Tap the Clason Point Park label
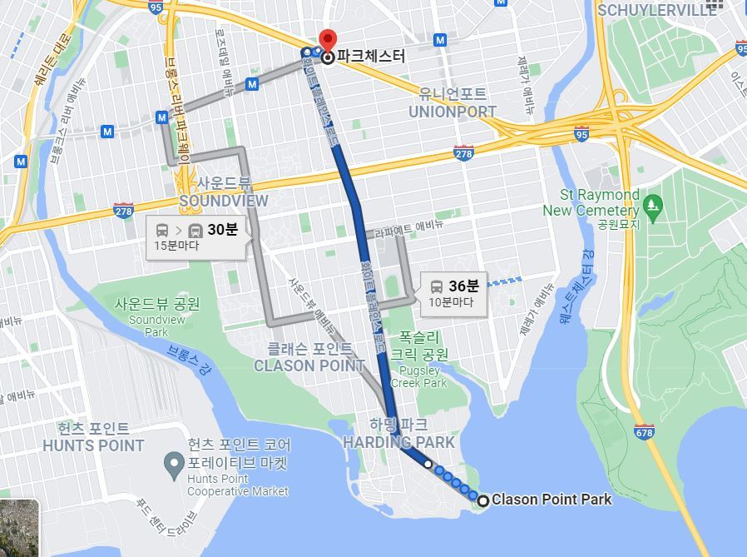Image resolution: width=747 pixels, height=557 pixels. tap(552, 500)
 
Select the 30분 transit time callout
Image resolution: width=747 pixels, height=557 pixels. tap(196, 237)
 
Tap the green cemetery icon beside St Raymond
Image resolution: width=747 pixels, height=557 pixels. tap(653, 202)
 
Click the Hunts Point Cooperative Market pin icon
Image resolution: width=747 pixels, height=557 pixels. tap(174, 461)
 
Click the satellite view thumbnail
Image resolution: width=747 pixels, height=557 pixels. tap(19, 528)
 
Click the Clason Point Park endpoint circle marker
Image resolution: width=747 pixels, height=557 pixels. tap(483, 500)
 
